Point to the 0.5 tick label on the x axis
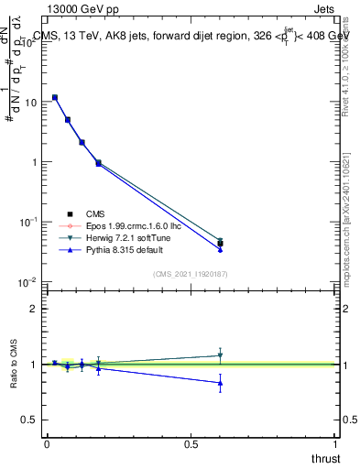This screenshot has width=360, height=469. click(191, 443)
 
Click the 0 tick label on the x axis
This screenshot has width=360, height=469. click(46, 443)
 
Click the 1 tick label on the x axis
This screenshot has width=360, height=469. click(335, 443)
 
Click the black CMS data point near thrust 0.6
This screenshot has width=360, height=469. click(220, 244)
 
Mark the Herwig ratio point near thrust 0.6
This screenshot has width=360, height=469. click(220, 355)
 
